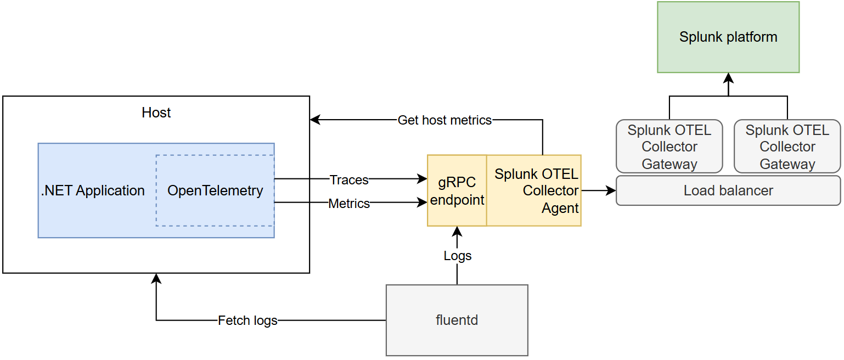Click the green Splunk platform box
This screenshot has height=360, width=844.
click(728, 37)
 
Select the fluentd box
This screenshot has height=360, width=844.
click(457, 320)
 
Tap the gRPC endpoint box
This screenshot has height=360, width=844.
click(457, 190)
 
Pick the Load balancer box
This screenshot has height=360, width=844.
click(728, 190)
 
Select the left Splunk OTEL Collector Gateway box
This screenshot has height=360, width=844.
click(669, 147)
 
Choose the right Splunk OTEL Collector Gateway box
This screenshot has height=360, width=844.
click(787, 147)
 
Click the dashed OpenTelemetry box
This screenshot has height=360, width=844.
click(215, 190)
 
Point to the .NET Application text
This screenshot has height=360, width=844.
click(93, 190)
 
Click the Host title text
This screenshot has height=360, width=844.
click(156, 113)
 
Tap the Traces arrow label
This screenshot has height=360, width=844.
click(349, 179)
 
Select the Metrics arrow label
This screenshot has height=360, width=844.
click(349, 204)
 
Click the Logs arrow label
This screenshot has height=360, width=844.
click(457, 256)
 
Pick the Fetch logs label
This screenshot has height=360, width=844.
click(247, 320)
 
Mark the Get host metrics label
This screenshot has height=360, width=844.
click(444, 120)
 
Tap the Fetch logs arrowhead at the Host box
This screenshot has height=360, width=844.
click(156, 278)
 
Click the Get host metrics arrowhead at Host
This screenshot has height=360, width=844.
click(315, 120)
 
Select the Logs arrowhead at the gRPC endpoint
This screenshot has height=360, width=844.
click(457, 230)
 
